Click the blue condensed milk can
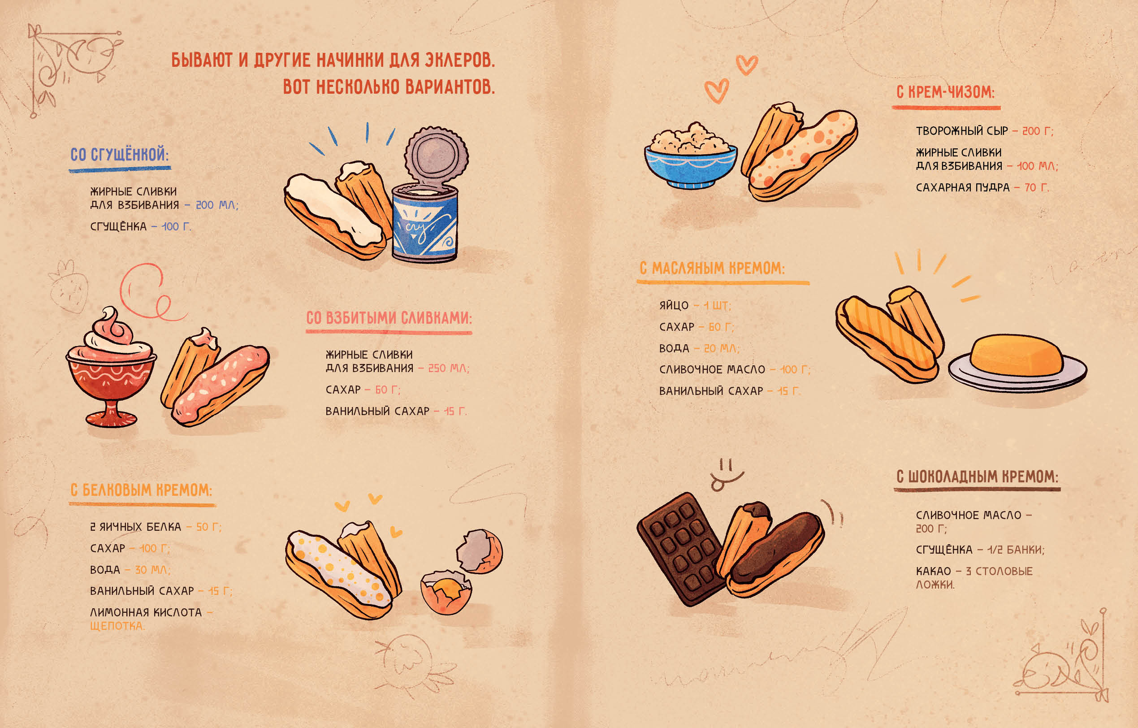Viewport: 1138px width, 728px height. point(424,222)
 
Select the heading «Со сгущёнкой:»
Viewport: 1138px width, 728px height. point(120,155)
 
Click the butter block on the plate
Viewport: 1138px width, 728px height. point(1016,355)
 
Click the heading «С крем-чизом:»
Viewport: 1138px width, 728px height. point(946,92)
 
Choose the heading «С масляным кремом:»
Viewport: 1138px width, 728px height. point(712,268)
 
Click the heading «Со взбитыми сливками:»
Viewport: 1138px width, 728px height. point(389,318)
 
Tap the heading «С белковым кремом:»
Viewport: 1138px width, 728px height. point(141,490)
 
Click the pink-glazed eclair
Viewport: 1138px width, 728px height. point(220,385)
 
